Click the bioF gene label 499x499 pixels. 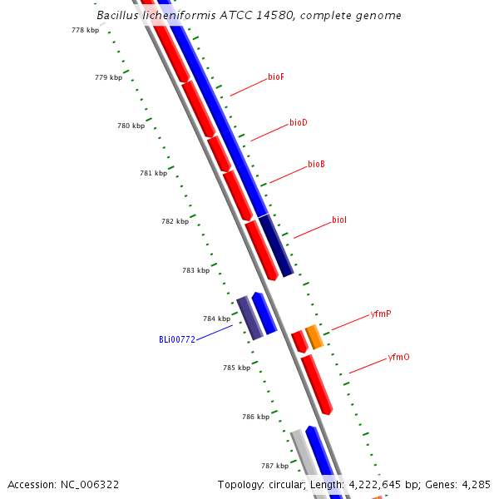point(276,77)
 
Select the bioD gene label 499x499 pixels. point(299,122)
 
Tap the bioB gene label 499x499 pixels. point(316,164)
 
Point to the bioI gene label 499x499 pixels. point(339,220)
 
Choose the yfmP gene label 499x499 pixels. point(381,314)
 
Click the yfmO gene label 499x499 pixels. point(398,357)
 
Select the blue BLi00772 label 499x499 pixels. point(177,339)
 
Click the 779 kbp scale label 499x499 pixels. point(108,77)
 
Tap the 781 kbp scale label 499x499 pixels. point(153,173)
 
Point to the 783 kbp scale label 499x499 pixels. point(196,270)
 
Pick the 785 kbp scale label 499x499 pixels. point(237,368)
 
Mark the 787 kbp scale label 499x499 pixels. point(275,466)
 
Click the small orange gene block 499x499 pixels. point(314,337)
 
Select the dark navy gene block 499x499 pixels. point(276,245)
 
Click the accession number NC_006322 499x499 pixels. point(90,485)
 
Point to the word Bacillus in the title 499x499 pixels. point(117,15)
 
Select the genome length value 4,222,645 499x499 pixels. point(374,485)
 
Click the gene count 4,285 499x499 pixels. point(476,485)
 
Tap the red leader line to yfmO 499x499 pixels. point(368,366)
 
